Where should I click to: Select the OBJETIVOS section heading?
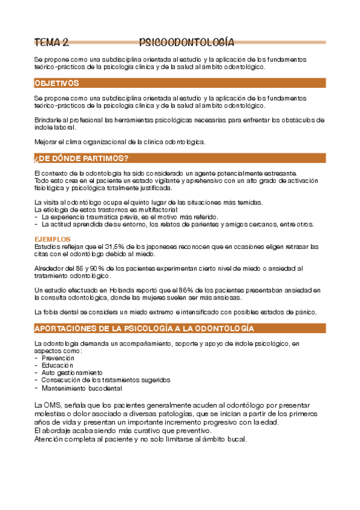tap(57, 83)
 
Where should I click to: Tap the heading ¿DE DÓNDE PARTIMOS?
tap(81, 159)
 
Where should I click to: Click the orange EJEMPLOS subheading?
tap(53, 239)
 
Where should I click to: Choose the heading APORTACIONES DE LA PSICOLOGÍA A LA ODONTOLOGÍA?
tap(144, 328)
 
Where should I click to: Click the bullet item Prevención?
tap(58, 358)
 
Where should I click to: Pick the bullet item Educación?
tap(58, 365)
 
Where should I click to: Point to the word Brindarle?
tap(48, 120)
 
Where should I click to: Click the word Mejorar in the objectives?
tap(47, 142)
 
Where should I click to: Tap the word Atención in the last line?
tap(50, 438)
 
